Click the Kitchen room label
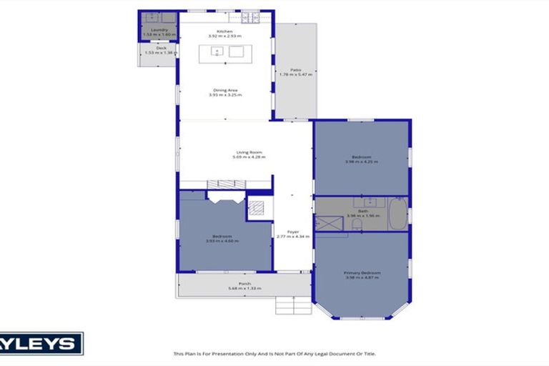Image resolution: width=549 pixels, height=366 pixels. [x=224, y=31]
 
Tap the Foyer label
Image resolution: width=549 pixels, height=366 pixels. [x=292, y=232]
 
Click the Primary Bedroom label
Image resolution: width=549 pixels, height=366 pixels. [x=362, y=273]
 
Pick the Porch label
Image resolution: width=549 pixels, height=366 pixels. [x=244, y=284]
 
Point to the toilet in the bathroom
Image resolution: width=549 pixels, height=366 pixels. [x=355, y=225]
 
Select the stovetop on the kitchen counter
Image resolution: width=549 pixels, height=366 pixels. [x=250, y=17]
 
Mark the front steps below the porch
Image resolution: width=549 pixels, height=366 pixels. [x=293, y=305]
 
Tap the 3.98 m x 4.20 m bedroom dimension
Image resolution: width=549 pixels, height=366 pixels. [x=361, y=162]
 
